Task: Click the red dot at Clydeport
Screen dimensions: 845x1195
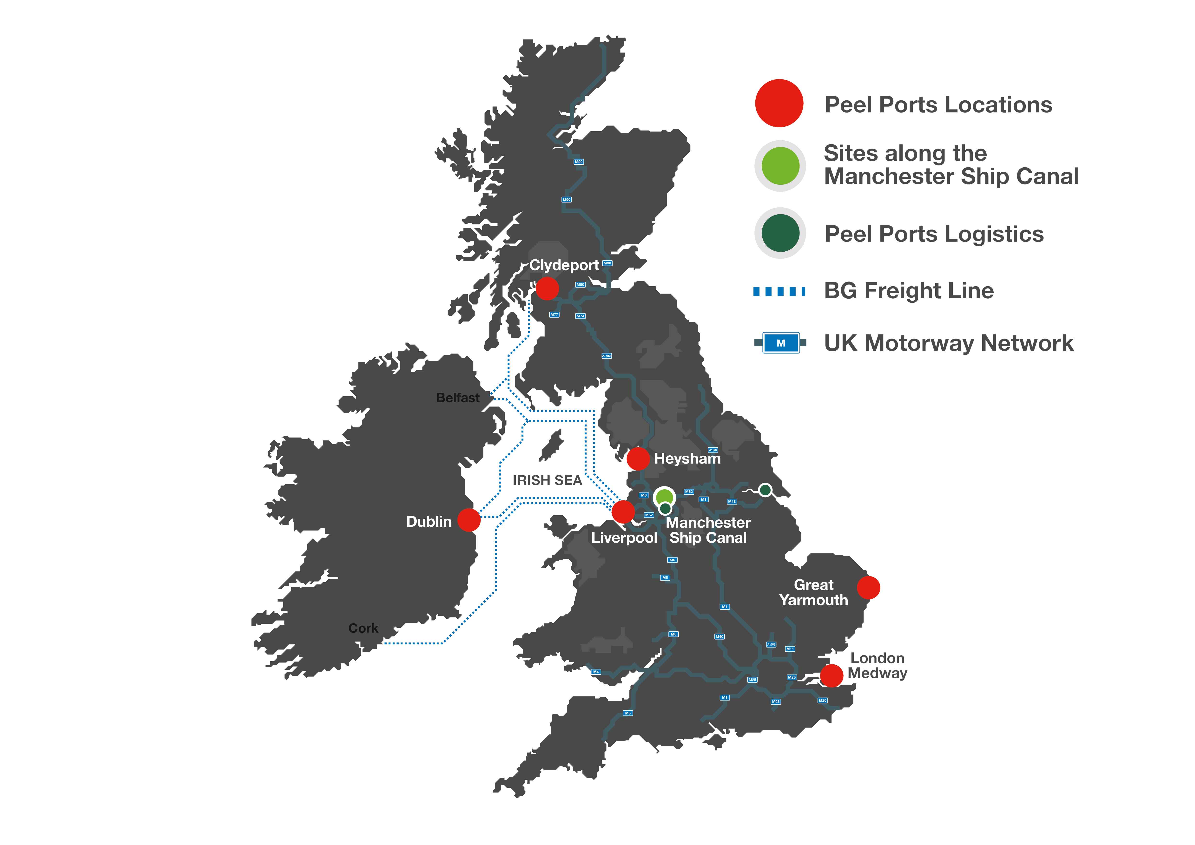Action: pos(547,288)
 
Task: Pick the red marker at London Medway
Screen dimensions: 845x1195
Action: pos(831,675)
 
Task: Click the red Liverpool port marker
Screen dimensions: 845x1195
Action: pos(623,511)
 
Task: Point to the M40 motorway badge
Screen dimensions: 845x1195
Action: pos(719,636)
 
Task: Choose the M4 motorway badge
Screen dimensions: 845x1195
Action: pos(596,672)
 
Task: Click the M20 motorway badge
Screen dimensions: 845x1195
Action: pos(822,700)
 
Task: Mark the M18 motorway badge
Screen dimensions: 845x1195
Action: pos(732,502)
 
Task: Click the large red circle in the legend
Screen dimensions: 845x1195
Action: pos(779,103)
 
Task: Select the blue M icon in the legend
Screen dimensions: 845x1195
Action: pos(781,343)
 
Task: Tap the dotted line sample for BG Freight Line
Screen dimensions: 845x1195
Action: pos(779,291)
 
